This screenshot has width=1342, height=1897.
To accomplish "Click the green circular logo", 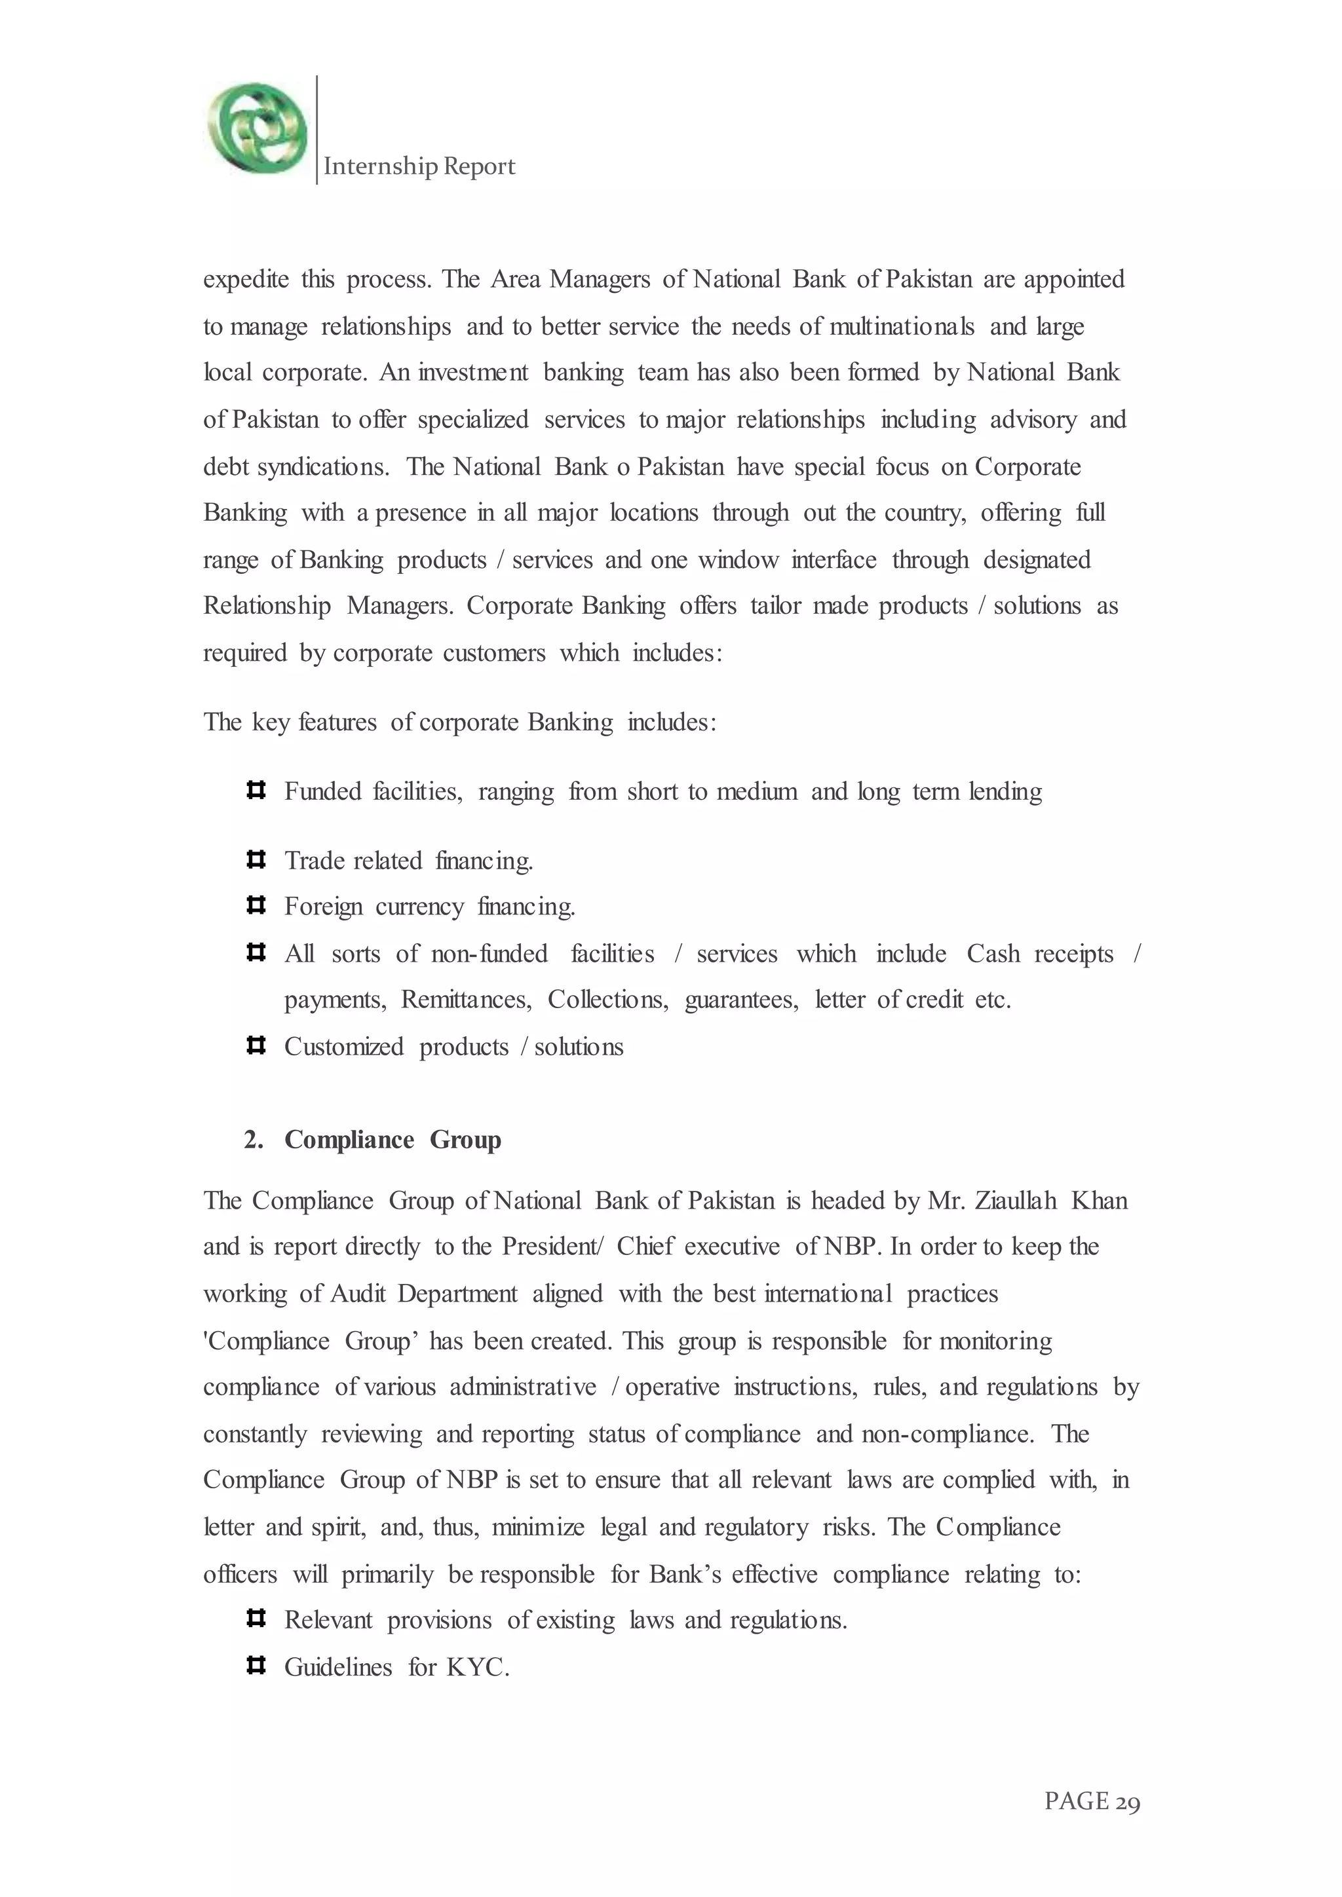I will (x=257, y=128).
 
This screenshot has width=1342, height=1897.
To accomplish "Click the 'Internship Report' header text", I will (x=419, y=166).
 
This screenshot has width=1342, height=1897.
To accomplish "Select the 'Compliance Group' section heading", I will (x=393, y=1140).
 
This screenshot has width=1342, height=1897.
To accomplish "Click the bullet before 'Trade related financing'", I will (x=256, y=860).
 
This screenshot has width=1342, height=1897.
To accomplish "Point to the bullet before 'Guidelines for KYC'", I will (x=256, y=1666).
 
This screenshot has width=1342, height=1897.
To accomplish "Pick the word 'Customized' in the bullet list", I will (x=344, y=1047).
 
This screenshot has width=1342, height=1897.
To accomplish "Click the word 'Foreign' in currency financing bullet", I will (x=323, y=907).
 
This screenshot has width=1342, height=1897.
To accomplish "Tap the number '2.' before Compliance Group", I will (x=253, y=1140).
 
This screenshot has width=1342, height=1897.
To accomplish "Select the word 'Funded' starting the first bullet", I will (x=323, y=791).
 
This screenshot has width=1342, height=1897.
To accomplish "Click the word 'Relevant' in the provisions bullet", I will (x=328, y=1620).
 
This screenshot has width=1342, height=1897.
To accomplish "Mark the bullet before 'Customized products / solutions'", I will (x=256, y=1046).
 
